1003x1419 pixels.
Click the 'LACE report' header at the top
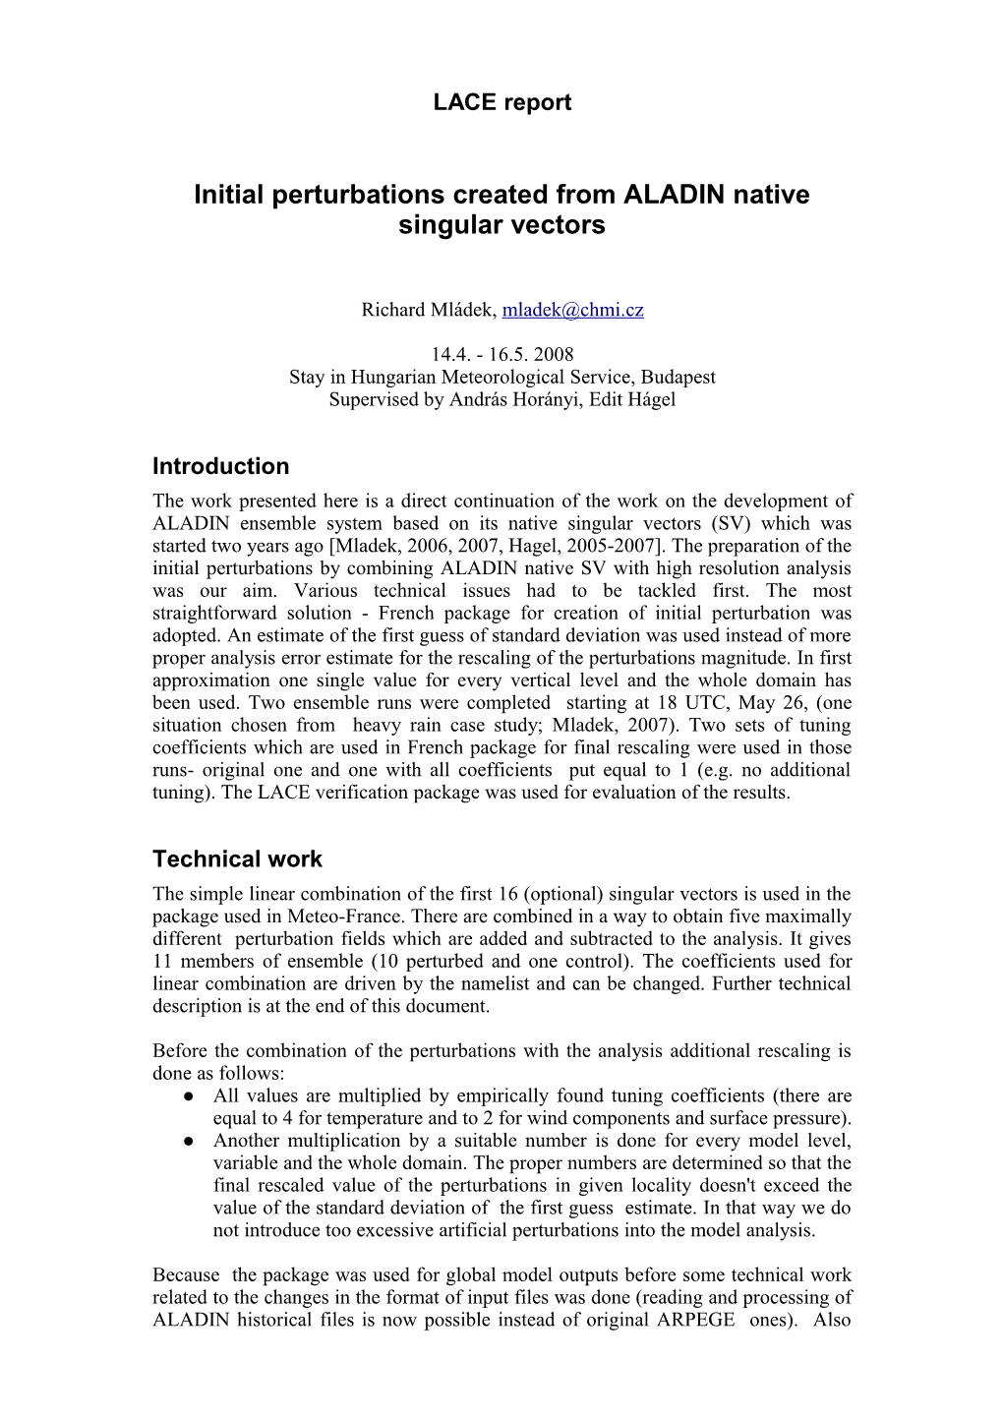(x=501, y=102)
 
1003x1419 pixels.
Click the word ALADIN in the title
(x=678, y=195)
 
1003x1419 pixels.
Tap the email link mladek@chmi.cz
(x=572, y=311)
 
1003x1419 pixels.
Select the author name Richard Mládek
(x=428, y=311)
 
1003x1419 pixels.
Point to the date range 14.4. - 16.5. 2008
(x=501, y=355)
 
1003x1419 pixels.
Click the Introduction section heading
(x=221, y=466)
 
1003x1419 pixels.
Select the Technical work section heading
(x=237, y=858)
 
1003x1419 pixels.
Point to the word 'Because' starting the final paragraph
(x=186, y=1275)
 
